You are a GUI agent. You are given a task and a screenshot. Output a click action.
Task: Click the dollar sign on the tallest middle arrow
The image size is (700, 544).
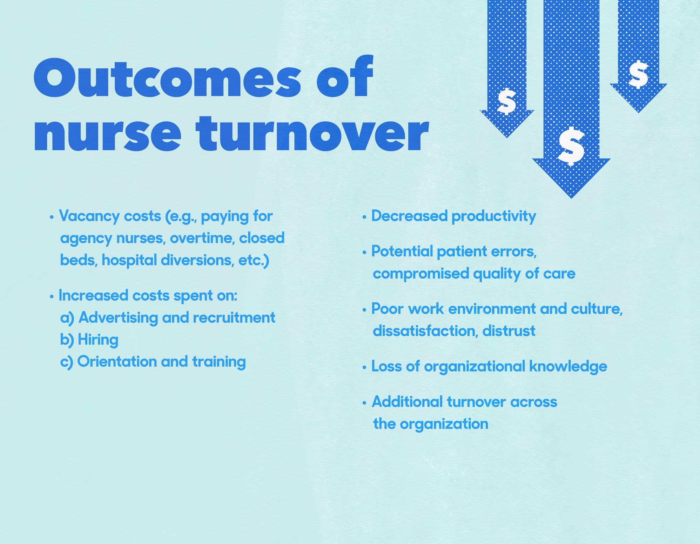point(572,146)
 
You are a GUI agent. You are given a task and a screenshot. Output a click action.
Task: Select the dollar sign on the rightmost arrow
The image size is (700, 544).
point(638,74)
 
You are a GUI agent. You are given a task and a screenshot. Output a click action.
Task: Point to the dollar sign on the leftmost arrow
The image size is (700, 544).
point(507,102)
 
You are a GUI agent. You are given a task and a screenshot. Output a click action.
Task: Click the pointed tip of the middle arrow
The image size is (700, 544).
point(571,198)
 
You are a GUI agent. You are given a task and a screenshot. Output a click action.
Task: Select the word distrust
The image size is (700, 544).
point(509,331)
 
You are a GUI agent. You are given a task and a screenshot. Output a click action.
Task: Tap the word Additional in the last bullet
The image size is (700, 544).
point(407,402)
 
